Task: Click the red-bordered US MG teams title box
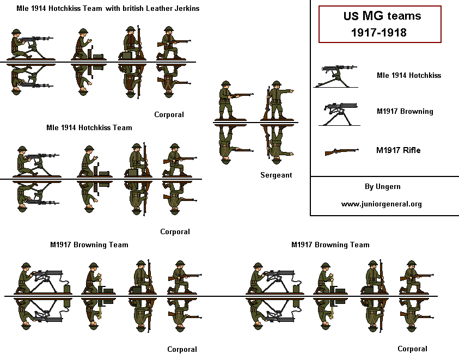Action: tap(380, 25)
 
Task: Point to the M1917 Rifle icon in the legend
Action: tap(341, 151)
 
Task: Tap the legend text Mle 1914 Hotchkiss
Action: tap(408, 75)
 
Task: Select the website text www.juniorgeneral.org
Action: tap(382, 204)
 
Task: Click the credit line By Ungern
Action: tap(382, 186)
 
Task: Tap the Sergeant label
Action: tap(276, 175)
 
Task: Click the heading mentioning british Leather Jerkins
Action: tap(108, 9)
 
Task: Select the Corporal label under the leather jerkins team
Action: tap(169, 114)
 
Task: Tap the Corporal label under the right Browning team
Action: tap(412, 349)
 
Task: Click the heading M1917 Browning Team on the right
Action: tap(330, 245)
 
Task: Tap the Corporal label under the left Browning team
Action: tap(182, 349)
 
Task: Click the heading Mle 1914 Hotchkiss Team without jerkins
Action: tap(89, 128)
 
